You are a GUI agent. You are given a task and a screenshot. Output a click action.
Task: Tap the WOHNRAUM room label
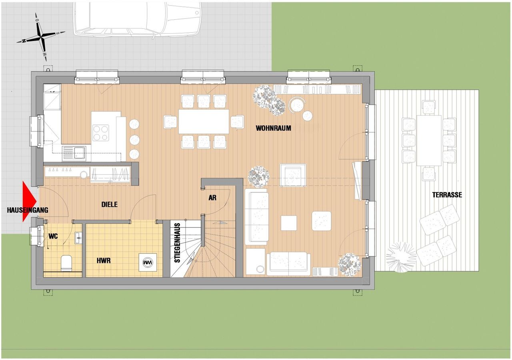pyautogui.click(x=273, y=128)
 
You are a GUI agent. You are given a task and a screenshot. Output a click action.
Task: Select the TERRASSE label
pyautogui.click(x=447, y=195)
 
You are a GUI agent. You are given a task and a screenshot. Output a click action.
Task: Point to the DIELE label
pyautogui.click(x=110, y=204)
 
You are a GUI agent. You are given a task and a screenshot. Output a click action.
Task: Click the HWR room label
pyautogui.click(x=104, y=260)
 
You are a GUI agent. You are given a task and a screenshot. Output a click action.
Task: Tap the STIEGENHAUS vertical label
pyautogui.click(x=177, y=243)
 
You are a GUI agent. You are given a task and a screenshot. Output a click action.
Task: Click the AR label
pyautogui.click(x=212, y=198)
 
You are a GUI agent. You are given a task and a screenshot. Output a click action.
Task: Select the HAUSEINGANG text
pyautogui.click(x=28, y=210)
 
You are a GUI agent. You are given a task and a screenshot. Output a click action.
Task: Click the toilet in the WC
pyautogui.click(x=66, y=263)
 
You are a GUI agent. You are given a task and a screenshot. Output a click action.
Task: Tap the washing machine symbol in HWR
pyautogui.click(x=148, y=262)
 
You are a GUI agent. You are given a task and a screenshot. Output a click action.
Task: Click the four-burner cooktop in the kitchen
pyautogui.click(x=101, y=133)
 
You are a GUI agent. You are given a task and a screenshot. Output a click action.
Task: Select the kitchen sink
pyautogui.click(x=74, y=153)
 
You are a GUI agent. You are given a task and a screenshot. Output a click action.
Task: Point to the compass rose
pyautogui.click(x=41, y=36)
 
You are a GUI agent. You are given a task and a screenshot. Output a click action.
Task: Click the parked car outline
pyautogui.click(x=137, y=20)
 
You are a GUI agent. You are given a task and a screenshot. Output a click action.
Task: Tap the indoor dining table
pyautogui.click(x=204, y=121)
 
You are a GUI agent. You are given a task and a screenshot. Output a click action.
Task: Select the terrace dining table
pyautogui.click(x=429, y=140)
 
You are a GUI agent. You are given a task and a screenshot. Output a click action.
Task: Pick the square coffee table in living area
pyautogui.click(x=289, y=223)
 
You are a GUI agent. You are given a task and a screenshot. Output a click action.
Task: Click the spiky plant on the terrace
pyautogui.click(x=401, y=257)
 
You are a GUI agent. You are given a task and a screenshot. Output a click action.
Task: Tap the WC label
pyautogui.click(x=53, y=236)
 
